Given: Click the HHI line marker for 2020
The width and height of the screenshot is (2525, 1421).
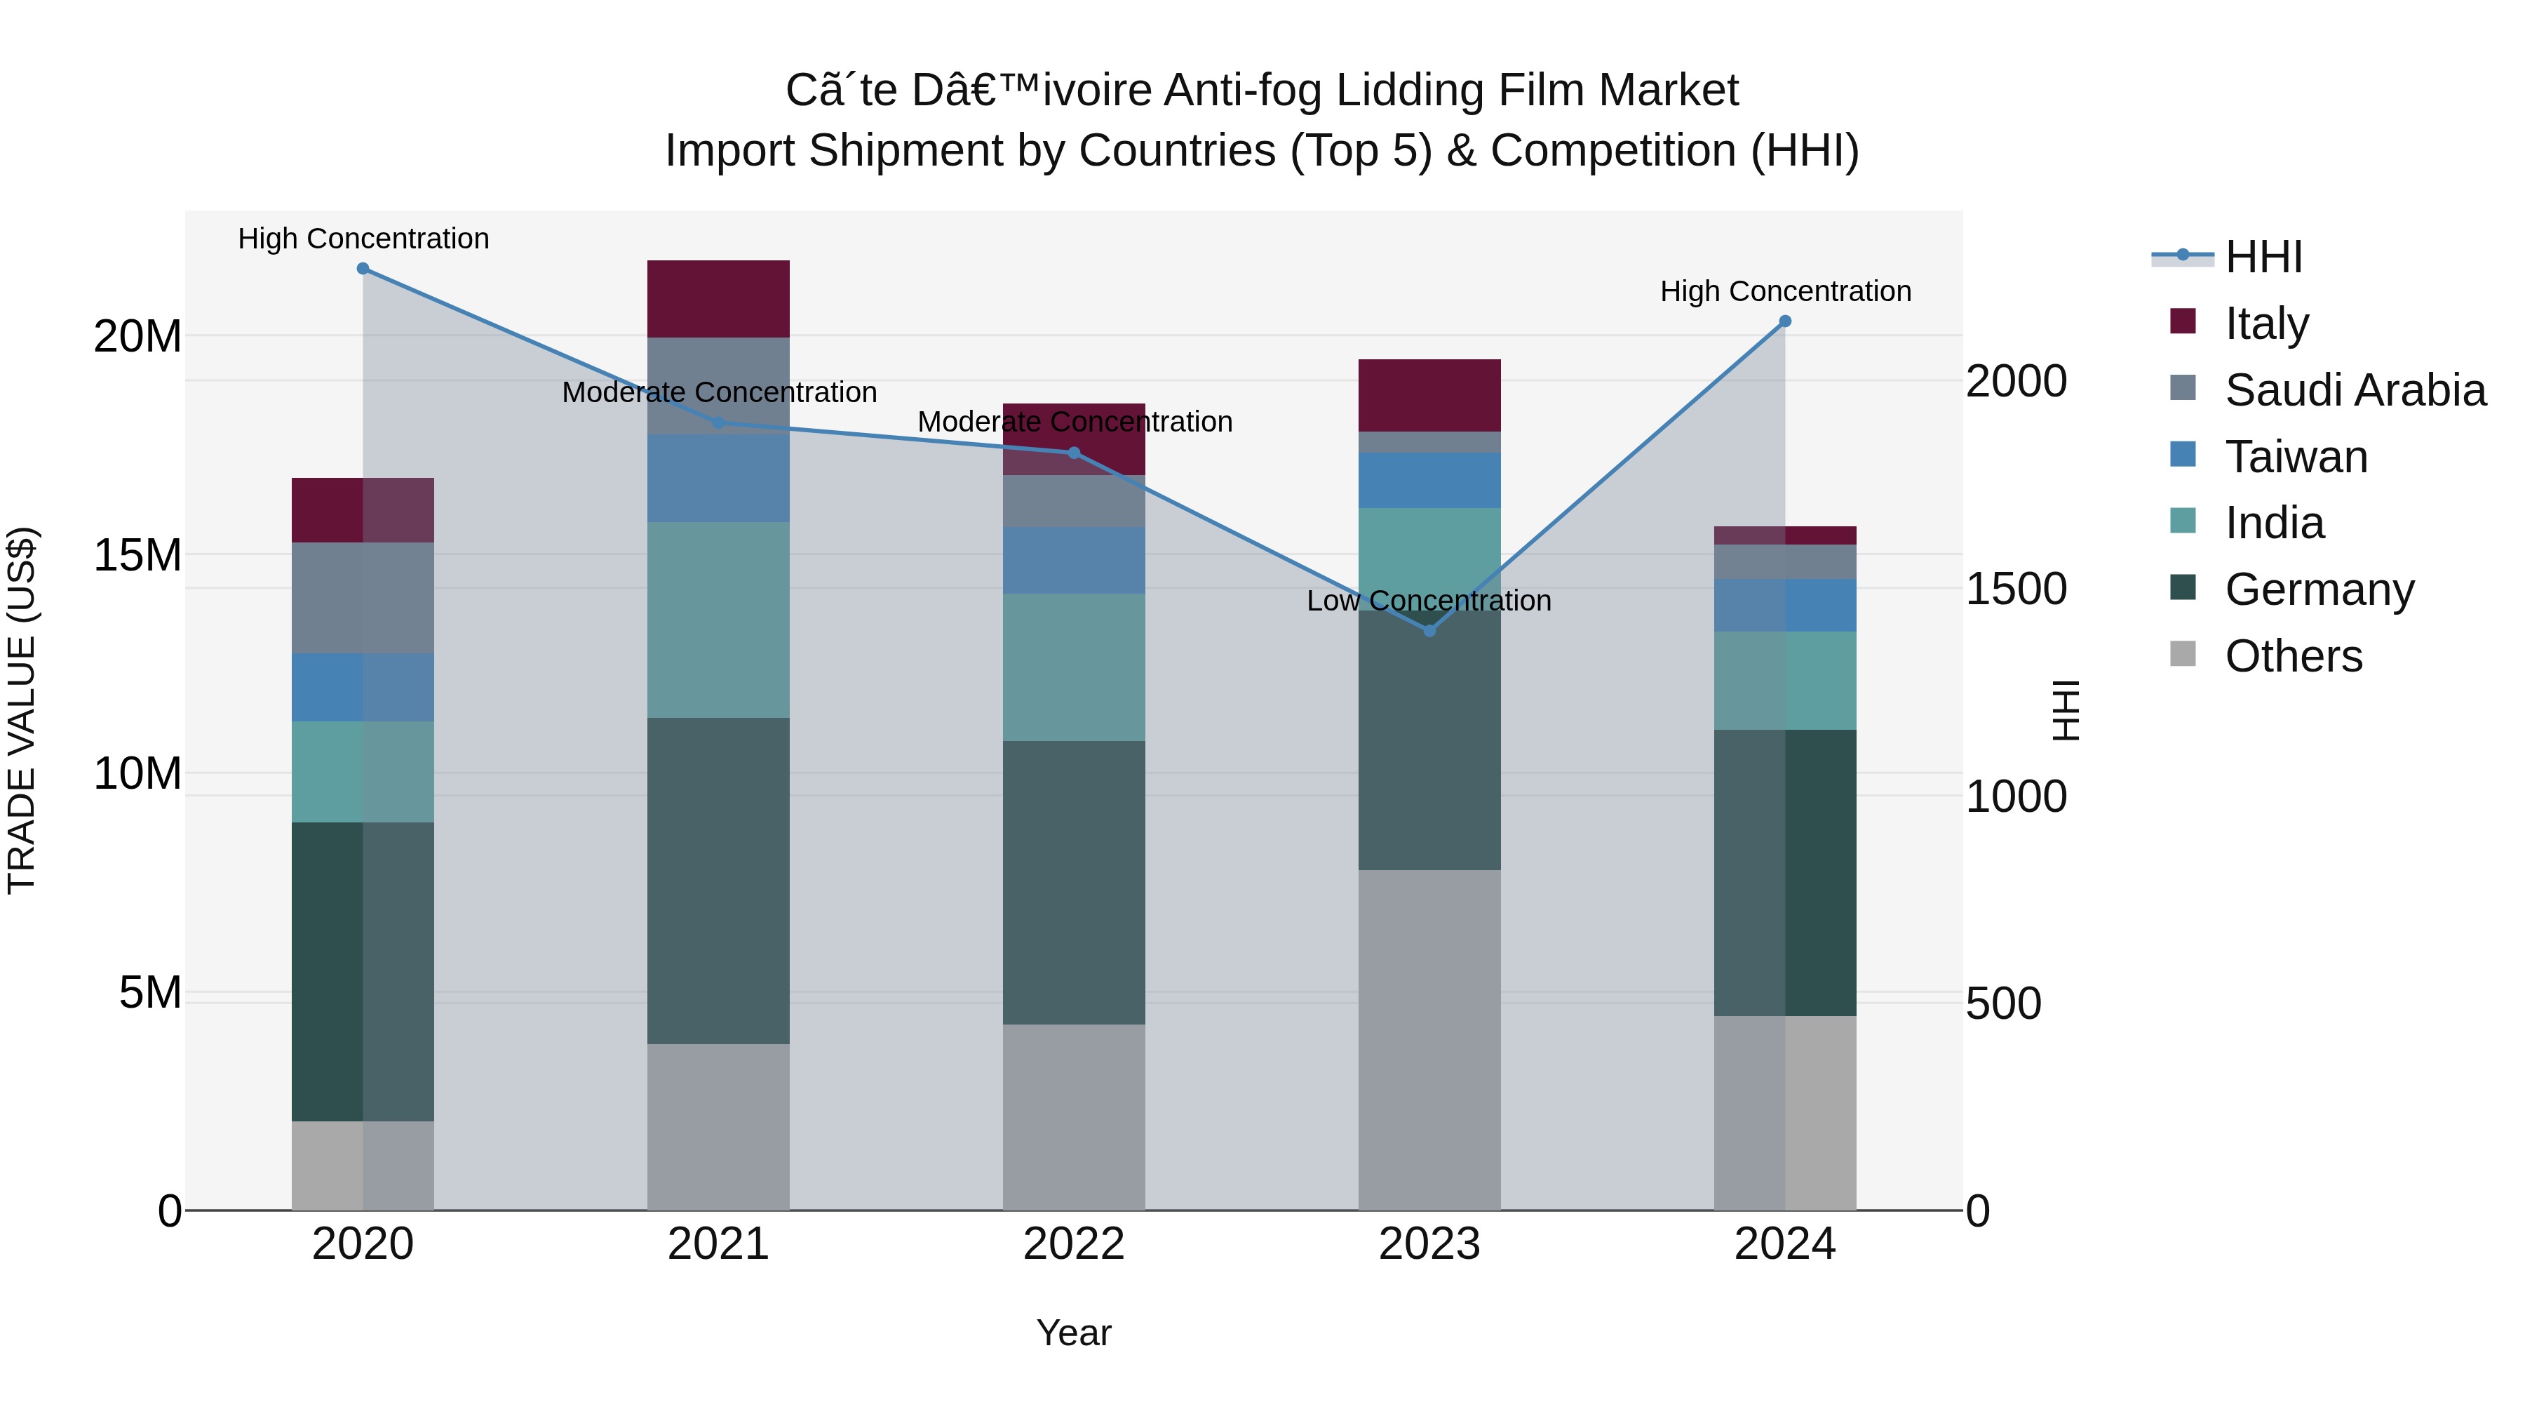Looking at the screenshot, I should click(363, 268).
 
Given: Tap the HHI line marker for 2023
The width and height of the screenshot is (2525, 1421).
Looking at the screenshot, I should click(1429, 631).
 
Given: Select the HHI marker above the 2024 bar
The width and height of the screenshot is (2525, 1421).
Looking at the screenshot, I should click(1785, 321).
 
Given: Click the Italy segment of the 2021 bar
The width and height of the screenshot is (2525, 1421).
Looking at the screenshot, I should click(718, 298).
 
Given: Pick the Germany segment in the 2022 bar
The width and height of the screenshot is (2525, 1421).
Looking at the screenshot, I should click(1073, 883).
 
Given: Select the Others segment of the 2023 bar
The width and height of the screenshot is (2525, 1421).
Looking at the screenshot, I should click(1429, 1039).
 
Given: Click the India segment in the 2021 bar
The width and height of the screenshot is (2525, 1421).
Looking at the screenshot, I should click(718, 620).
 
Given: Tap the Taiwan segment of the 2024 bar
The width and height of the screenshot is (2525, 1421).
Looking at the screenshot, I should click(1785, 605).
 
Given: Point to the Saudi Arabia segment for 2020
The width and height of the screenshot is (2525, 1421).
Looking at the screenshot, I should click(363, 598).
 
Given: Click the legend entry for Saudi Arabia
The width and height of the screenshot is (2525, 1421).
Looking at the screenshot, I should click(2355, 390).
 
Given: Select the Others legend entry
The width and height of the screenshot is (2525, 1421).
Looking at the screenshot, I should click(2293, 656).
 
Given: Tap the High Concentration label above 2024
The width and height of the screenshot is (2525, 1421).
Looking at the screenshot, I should click(1785, 291).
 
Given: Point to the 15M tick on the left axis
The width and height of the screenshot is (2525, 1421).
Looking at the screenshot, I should click(137, 555).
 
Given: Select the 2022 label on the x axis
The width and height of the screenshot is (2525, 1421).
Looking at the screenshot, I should click(1073, 1244).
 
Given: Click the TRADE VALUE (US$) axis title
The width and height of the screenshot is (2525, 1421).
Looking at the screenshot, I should click(22, 710).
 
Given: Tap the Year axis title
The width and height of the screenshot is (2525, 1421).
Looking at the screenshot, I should click(1073, 1333).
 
